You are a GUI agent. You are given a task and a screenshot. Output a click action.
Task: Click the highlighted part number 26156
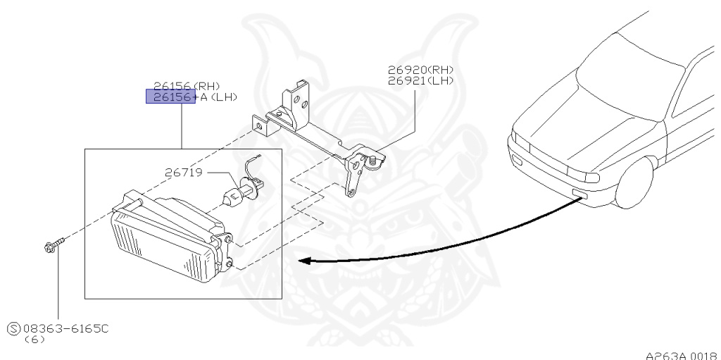(169, 97)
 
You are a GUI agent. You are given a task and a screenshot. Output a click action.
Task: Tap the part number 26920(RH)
(420, 70)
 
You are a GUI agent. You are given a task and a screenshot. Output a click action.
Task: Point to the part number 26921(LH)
(420, 80)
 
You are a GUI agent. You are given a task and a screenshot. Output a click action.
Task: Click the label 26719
(185, 171)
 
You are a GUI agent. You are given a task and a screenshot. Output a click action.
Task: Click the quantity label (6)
(34, 339)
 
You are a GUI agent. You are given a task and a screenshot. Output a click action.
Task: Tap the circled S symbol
(13, 328)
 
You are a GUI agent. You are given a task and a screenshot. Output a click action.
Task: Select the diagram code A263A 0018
(681, 355)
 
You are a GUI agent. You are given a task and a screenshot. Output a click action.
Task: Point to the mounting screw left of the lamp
(51, 246)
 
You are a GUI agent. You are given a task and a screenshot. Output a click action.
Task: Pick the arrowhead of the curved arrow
(305, 261)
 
